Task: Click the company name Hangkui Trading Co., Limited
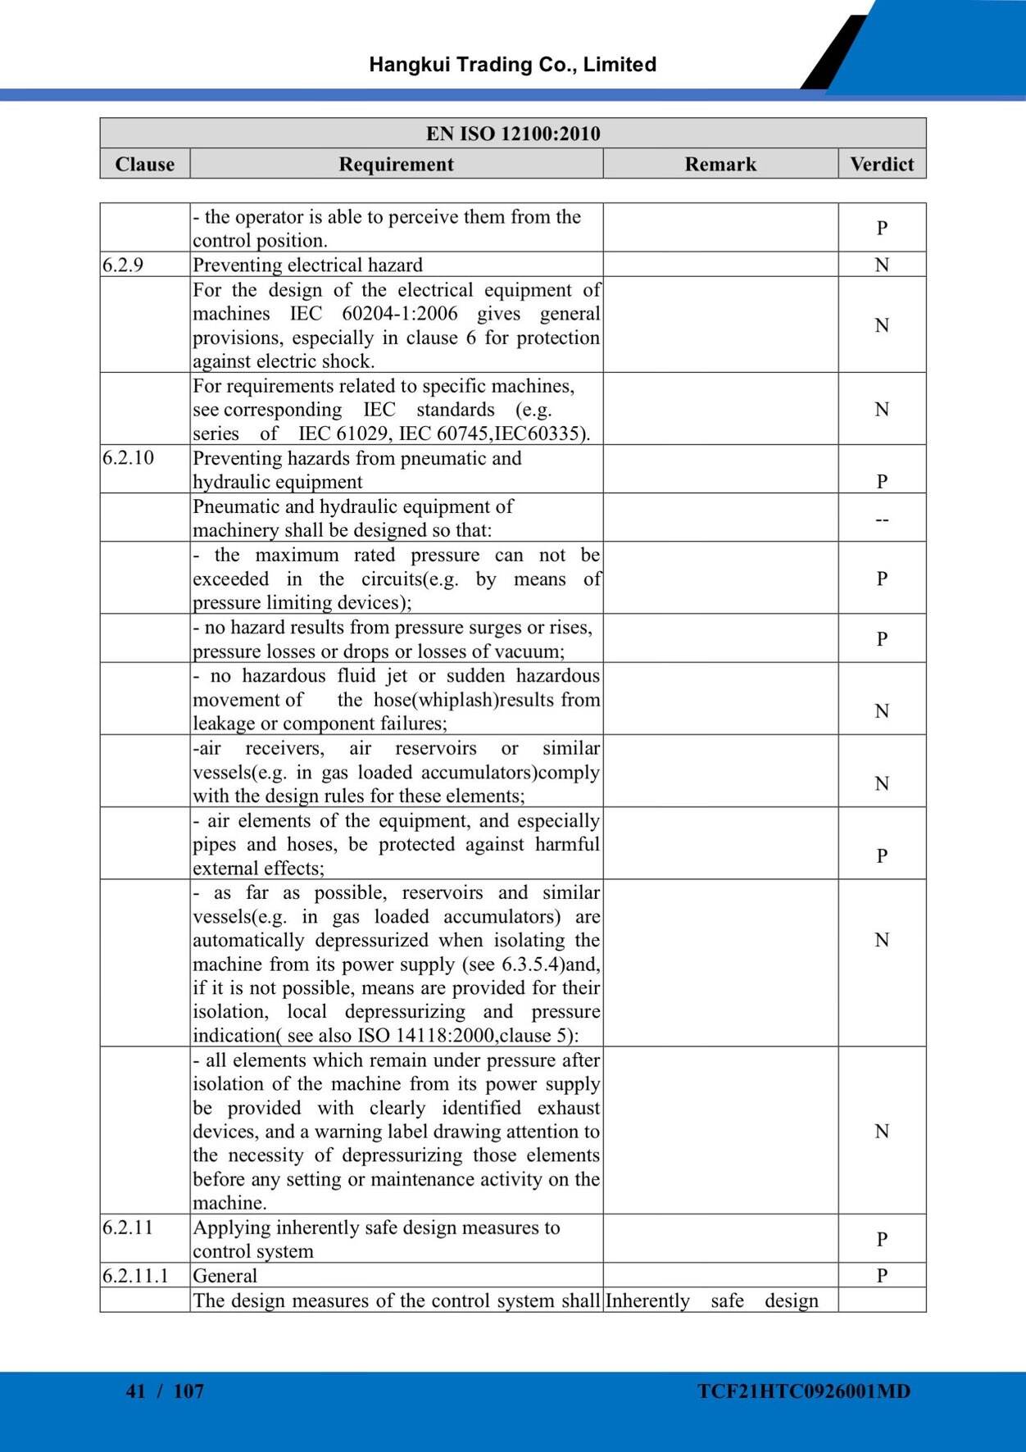tap(512, 65)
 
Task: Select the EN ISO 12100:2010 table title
tap(513, 134)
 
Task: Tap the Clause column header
tap(145, 164)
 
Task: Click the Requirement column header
tap(396, 164)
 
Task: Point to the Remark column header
tap(720, 164)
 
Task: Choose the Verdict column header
tap(882, 164)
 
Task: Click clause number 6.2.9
tap(123, 265)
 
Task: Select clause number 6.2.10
tap(128, 457)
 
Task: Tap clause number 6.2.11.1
tap(135, 1275)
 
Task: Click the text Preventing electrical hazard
tap(307, 265)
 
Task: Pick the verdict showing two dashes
tap(882, 519)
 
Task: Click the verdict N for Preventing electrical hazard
tap(882, 265)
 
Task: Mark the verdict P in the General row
tap(882, 1275)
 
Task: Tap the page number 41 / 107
tap(165, 1391)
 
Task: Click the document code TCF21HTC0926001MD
tap(804, 1391)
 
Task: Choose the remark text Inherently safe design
tap(711, 1300)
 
